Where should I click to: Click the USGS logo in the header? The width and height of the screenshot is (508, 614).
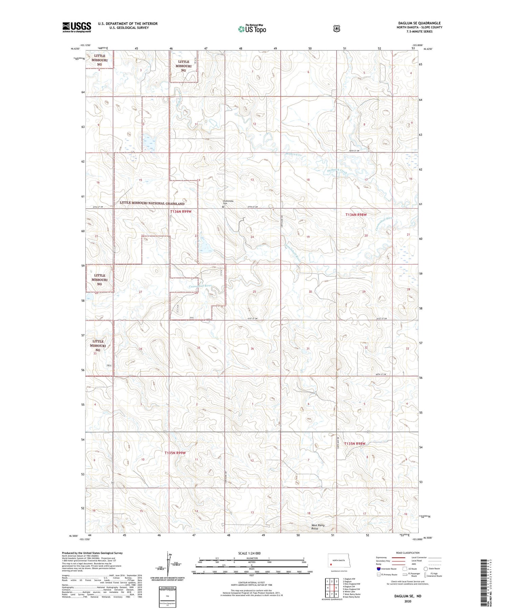77,27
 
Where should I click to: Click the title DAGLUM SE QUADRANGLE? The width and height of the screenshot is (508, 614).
419,23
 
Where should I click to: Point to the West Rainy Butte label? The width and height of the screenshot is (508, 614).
318,527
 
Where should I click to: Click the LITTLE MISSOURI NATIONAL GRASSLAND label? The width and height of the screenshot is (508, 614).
152,204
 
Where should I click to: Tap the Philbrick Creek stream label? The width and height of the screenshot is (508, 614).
337,171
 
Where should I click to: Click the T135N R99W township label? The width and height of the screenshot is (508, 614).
175,452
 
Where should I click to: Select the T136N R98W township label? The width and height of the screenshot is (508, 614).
356,214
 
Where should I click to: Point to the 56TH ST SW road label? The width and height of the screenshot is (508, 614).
354,150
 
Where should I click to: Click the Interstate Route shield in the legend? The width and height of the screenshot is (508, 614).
379,569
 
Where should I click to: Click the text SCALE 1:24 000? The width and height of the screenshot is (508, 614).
249,553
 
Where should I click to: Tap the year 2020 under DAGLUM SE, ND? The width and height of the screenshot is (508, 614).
407,601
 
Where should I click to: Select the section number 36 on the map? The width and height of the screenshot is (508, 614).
252,348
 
